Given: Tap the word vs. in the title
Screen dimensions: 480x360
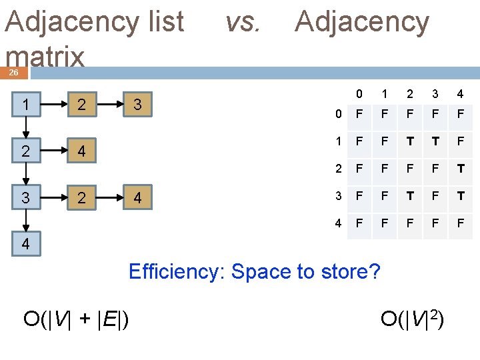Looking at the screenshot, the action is point(242,22).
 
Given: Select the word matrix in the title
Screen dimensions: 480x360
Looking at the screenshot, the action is point(45,57).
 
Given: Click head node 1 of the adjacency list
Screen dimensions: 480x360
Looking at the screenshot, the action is point(25,105).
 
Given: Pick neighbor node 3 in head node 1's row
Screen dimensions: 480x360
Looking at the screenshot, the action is point(137,105).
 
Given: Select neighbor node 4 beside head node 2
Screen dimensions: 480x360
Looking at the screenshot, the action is point(81,152).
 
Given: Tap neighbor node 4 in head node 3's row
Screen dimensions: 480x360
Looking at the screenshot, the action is point(137,198).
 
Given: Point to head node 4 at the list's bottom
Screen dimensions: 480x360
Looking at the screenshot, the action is point(25,244).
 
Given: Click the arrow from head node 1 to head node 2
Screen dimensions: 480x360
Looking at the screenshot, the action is point(25,127).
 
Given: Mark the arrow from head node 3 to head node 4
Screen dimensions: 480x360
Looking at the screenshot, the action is point(25,220).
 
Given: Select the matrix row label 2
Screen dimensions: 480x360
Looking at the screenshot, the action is point(339,169).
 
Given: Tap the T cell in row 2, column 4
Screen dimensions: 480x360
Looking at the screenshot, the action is point(460,169).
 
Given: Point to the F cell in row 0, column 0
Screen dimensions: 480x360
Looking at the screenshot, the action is point(359,114).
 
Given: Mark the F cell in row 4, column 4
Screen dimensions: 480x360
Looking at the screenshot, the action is point(460,223).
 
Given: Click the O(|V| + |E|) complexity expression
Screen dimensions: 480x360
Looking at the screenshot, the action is point(76,319).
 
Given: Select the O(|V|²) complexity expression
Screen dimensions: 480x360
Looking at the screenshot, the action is point(412,319).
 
